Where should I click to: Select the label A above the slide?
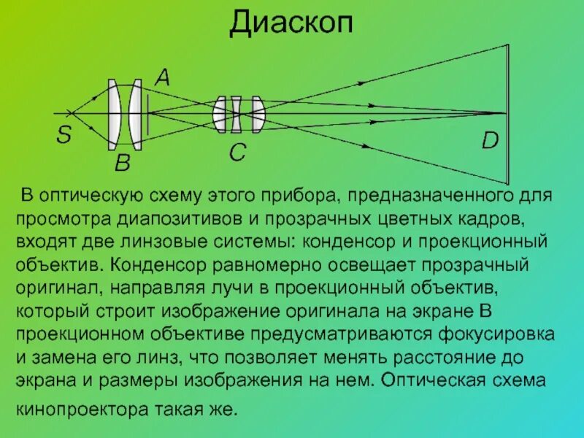coord(162,76)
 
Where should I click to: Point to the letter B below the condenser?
coord(122,163)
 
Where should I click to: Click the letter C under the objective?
coord(238,153)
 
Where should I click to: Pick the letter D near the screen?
coord(490,141)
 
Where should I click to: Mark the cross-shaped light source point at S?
coord(71,113)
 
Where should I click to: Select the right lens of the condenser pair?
coord(135,113)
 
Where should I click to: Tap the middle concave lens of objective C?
coord(236,114)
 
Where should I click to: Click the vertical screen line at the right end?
coord(507,113)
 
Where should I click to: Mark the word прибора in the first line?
coord(299,197)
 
